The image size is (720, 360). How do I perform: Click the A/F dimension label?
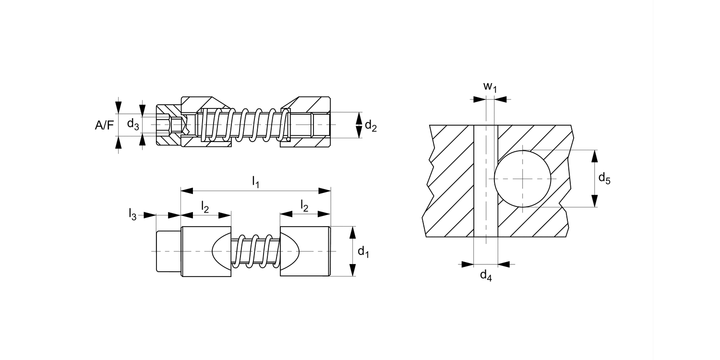pos(105,125)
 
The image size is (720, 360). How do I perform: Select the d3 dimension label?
pos(133,124)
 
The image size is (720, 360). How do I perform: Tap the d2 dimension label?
pos(371,126)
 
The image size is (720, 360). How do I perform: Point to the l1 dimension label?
pos(255,182)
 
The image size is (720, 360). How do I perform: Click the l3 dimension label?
pos(132,214)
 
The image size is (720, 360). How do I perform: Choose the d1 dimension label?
pos(364,252)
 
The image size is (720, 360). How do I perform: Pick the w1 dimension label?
pos(489,87)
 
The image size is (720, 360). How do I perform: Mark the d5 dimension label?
pos(604,179)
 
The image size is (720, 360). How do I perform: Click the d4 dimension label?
pos(486,276)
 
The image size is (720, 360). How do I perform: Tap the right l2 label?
pos(305,205)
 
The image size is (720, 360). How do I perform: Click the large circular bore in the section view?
pos(522,179)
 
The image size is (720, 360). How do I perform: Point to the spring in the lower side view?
pos(255,251)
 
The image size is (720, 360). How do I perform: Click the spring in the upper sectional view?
pos(245,125)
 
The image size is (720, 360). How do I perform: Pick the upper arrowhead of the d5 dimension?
pos(595,156)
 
